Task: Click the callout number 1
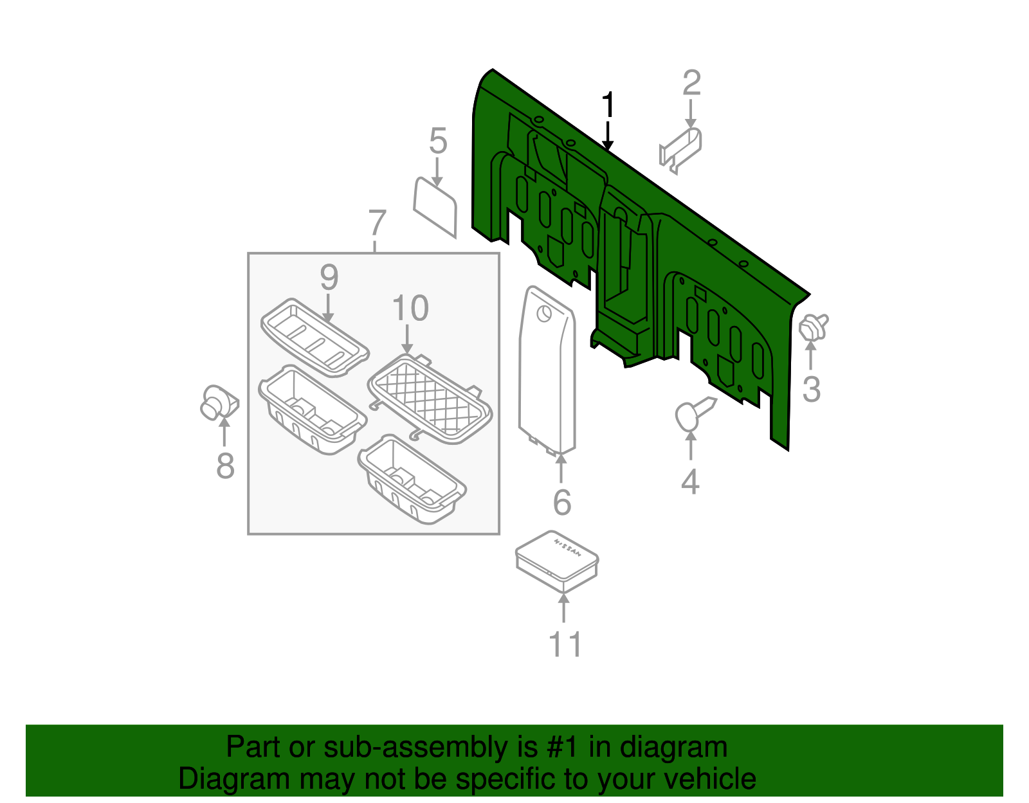(608, 105)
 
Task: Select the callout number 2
(691, 84)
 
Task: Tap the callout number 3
(812, 390)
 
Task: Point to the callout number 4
(690, 482)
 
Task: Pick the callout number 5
(438, 141)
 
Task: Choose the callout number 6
(561, 502)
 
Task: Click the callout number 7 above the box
(378, 223)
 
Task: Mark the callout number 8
(224, 465)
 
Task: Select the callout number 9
(329, 278)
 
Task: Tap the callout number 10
(410, 309)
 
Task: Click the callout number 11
(565, 644)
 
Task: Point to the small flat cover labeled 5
(435, 206)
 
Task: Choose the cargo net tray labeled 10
(430, 399)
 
